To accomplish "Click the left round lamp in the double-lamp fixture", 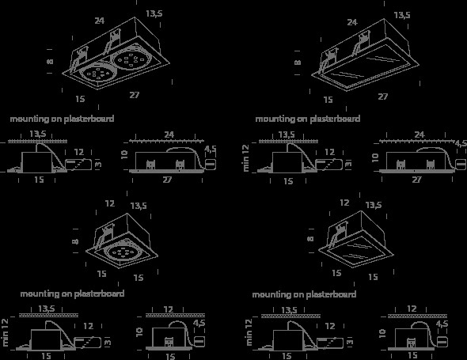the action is (97, 72).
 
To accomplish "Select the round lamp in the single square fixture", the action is (123, 252).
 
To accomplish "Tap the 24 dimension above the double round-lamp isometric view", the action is (100, 21).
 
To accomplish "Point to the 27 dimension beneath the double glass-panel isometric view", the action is (383, 97).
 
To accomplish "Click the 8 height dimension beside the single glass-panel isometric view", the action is (310, 239).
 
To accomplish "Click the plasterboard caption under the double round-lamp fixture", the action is (62, 119).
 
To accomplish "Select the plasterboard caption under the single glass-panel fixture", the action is (304, 294).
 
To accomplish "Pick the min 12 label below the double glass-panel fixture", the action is (246, 157).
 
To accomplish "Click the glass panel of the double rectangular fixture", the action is (365, 67).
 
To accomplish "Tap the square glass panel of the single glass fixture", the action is (356, 251).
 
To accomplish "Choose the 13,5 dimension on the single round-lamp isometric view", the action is (139, 206).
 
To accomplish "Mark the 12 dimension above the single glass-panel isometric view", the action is (344, 203).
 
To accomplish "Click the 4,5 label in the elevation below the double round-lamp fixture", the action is (211, 150).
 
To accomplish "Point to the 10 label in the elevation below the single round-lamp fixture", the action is (139, 332).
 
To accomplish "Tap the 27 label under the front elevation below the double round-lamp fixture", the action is (167, 180).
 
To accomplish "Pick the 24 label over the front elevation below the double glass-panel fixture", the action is (420, 135).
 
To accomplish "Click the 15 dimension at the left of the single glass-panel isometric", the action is (336, 273).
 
